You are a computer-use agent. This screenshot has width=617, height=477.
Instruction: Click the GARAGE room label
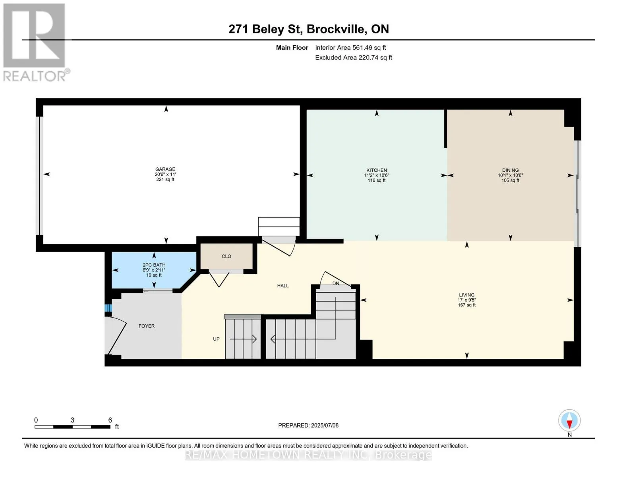coord(165,169)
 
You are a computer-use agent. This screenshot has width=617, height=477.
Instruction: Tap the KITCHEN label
coord(377,170)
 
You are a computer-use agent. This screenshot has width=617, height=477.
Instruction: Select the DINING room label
coord(510,170)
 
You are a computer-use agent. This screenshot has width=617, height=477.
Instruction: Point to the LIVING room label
coord(466,295)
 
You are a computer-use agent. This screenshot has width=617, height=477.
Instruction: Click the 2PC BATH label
coord(154,265)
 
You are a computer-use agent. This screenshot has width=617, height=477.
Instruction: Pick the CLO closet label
coord(226,256)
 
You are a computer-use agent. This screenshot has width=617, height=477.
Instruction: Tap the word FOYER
coord(147,326)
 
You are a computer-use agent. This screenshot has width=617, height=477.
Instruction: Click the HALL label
coord(283,286)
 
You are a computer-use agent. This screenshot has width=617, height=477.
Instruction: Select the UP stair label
coord(216,339)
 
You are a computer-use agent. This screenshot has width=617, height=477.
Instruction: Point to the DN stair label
coord(336,283)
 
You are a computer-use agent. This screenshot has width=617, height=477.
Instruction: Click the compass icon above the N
coord(569,421)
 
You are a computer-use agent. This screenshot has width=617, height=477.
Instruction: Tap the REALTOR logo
coord(35,43)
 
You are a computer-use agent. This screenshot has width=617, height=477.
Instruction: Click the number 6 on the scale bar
coord(110,420)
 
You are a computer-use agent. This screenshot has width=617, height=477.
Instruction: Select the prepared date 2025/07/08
coord(325,425)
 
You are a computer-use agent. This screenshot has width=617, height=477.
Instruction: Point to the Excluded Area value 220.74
coord(368,57)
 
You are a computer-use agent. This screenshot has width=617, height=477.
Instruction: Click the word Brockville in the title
coord(336,29)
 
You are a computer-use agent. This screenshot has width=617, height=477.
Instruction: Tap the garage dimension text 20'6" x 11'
coord(165,174)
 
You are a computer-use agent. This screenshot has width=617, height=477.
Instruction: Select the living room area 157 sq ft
coord(466,305)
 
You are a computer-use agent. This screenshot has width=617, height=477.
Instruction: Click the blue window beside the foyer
coord(108,308)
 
